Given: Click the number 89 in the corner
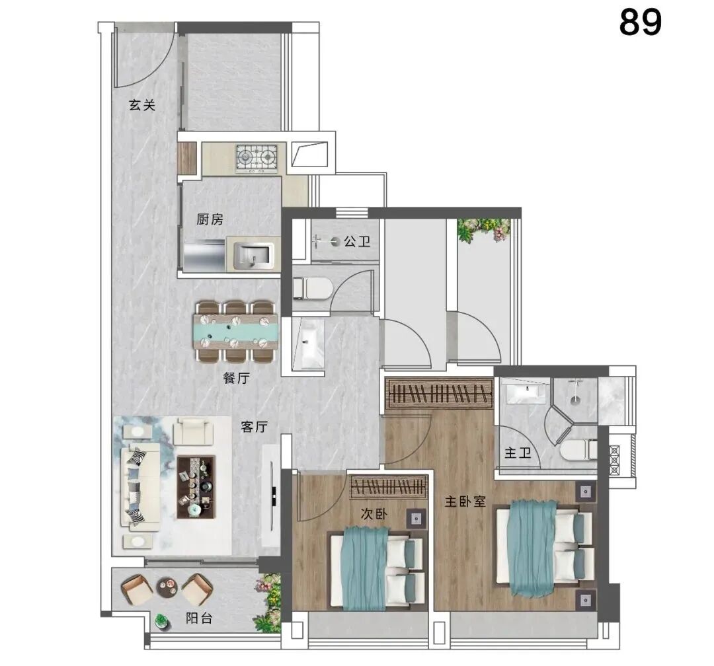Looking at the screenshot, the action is tap(640, 22).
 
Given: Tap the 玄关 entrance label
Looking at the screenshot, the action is tap(142, 105).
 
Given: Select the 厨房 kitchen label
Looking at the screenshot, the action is tap(210, 219).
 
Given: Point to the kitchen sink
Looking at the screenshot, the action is tap(254, 256).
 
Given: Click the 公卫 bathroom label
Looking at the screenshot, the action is tap(357, 241).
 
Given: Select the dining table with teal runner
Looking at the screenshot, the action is tap(236, 331).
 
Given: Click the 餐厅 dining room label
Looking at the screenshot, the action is tap(236, 377).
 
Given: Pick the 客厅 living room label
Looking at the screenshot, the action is tap(254, 427).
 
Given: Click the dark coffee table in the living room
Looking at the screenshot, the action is tap(196, 487).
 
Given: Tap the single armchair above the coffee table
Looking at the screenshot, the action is tap(194, 431).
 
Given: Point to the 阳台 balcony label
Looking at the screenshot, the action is tap(199, 618).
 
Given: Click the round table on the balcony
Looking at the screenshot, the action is tap(166, 586).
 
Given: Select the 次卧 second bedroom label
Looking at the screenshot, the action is tap(374, 513).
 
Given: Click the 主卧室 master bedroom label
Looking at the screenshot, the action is tap(465, 501).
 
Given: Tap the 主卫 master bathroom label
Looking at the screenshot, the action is tap(518, 453).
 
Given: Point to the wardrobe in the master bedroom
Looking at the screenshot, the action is tap(439, 393).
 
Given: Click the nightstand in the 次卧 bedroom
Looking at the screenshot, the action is tap(416, 519).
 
